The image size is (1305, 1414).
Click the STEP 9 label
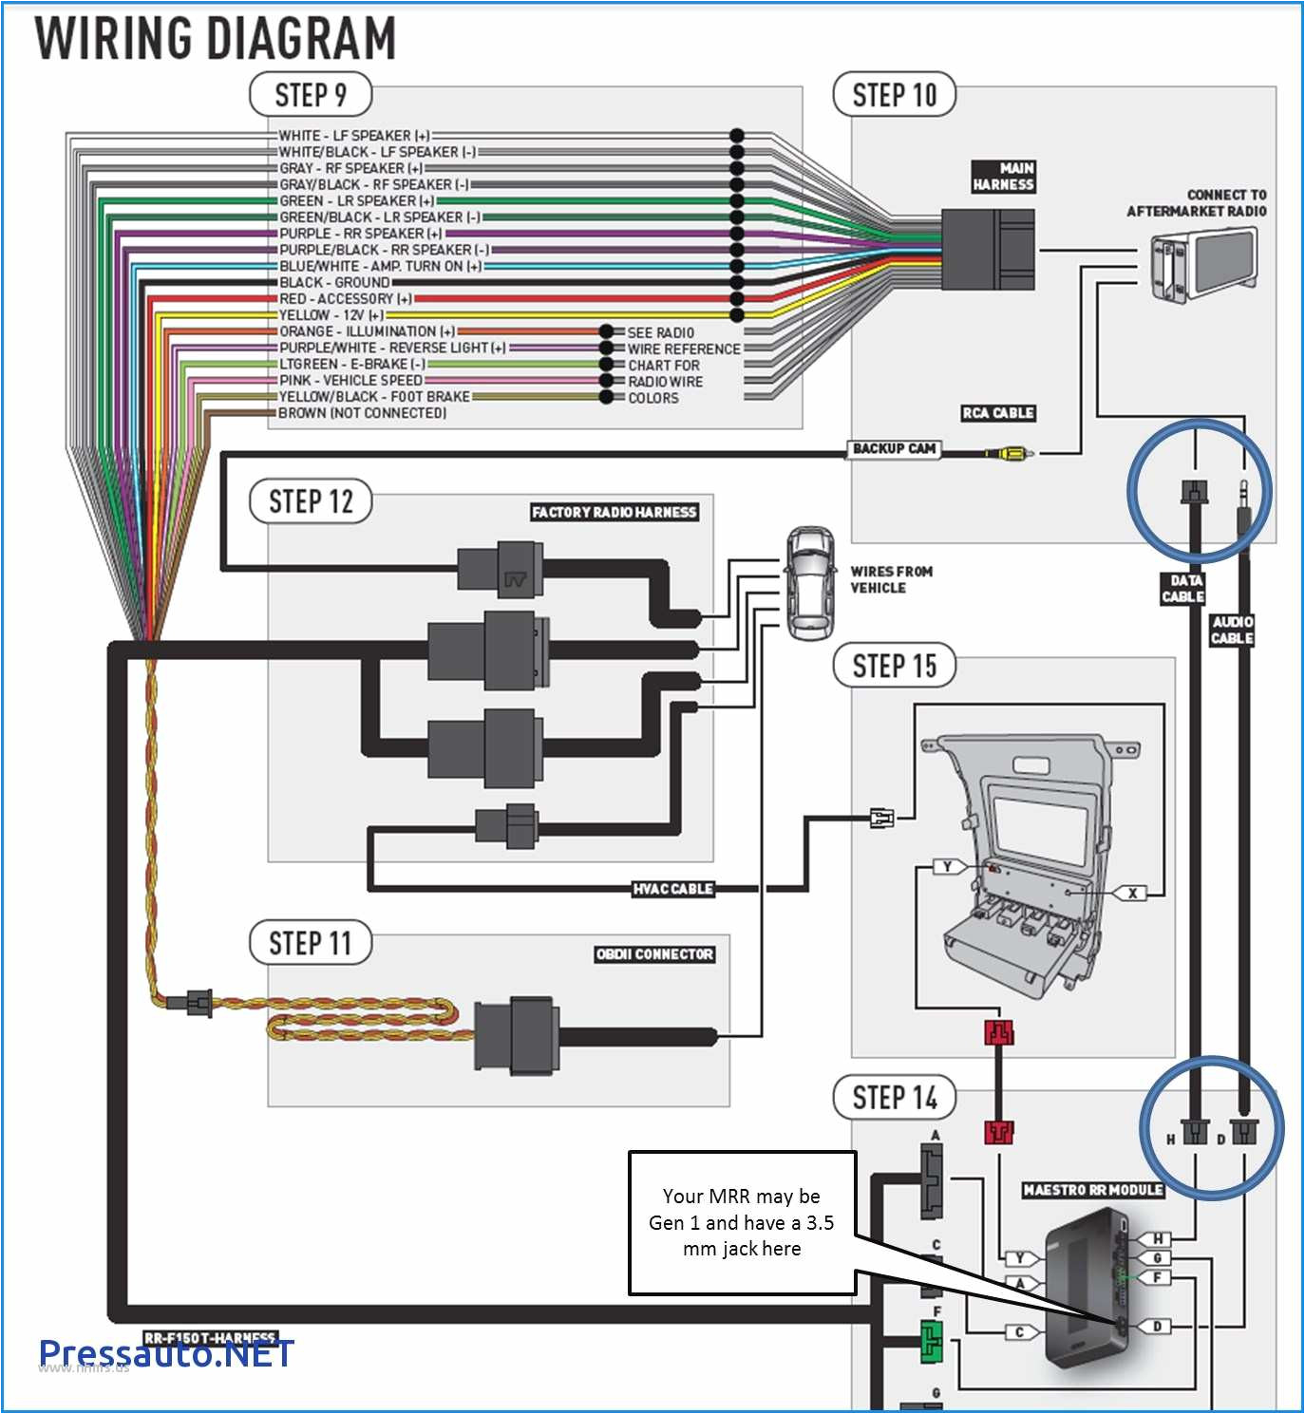[310, 95]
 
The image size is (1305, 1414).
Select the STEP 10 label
[894, 95]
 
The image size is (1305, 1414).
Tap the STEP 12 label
[310, 500]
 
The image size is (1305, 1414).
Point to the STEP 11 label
[310, 943]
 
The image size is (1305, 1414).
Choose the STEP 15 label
[894, 666]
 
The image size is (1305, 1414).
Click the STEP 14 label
[894, 1098]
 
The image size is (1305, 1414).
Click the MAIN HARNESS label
[1003, 177]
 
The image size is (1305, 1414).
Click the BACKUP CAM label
[894, 448]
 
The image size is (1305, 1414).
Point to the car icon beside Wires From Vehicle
[809, 583]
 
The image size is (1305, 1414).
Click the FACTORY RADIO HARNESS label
[614, 512]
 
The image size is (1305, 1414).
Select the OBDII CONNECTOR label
[654, 954]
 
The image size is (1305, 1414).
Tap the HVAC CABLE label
[672, 889]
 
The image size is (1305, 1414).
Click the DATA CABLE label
[1183, 589]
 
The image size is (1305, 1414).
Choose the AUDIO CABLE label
[1232, 630]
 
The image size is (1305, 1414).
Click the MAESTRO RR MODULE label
[1092, 1190]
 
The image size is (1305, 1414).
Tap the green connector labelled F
[932, 1342]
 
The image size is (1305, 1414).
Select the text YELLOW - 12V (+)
[331, 315]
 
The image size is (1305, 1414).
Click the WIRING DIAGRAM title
[216, 39]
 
